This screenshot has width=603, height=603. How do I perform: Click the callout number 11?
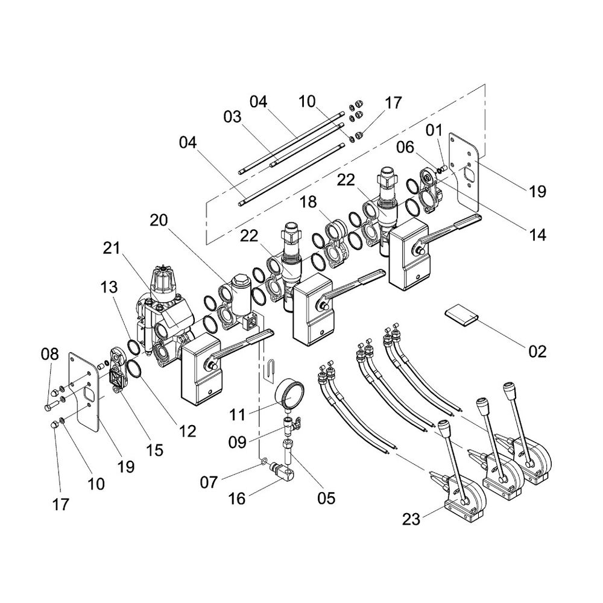click(239, 415)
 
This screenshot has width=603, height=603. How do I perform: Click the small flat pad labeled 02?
click(461, 315)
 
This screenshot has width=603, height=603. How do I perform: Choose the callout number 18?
click(309, 203)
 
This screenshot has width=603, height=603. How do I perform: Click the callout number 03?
click(232, 116)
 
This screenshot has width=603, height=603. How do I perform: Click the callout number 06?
click(406, 147)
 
